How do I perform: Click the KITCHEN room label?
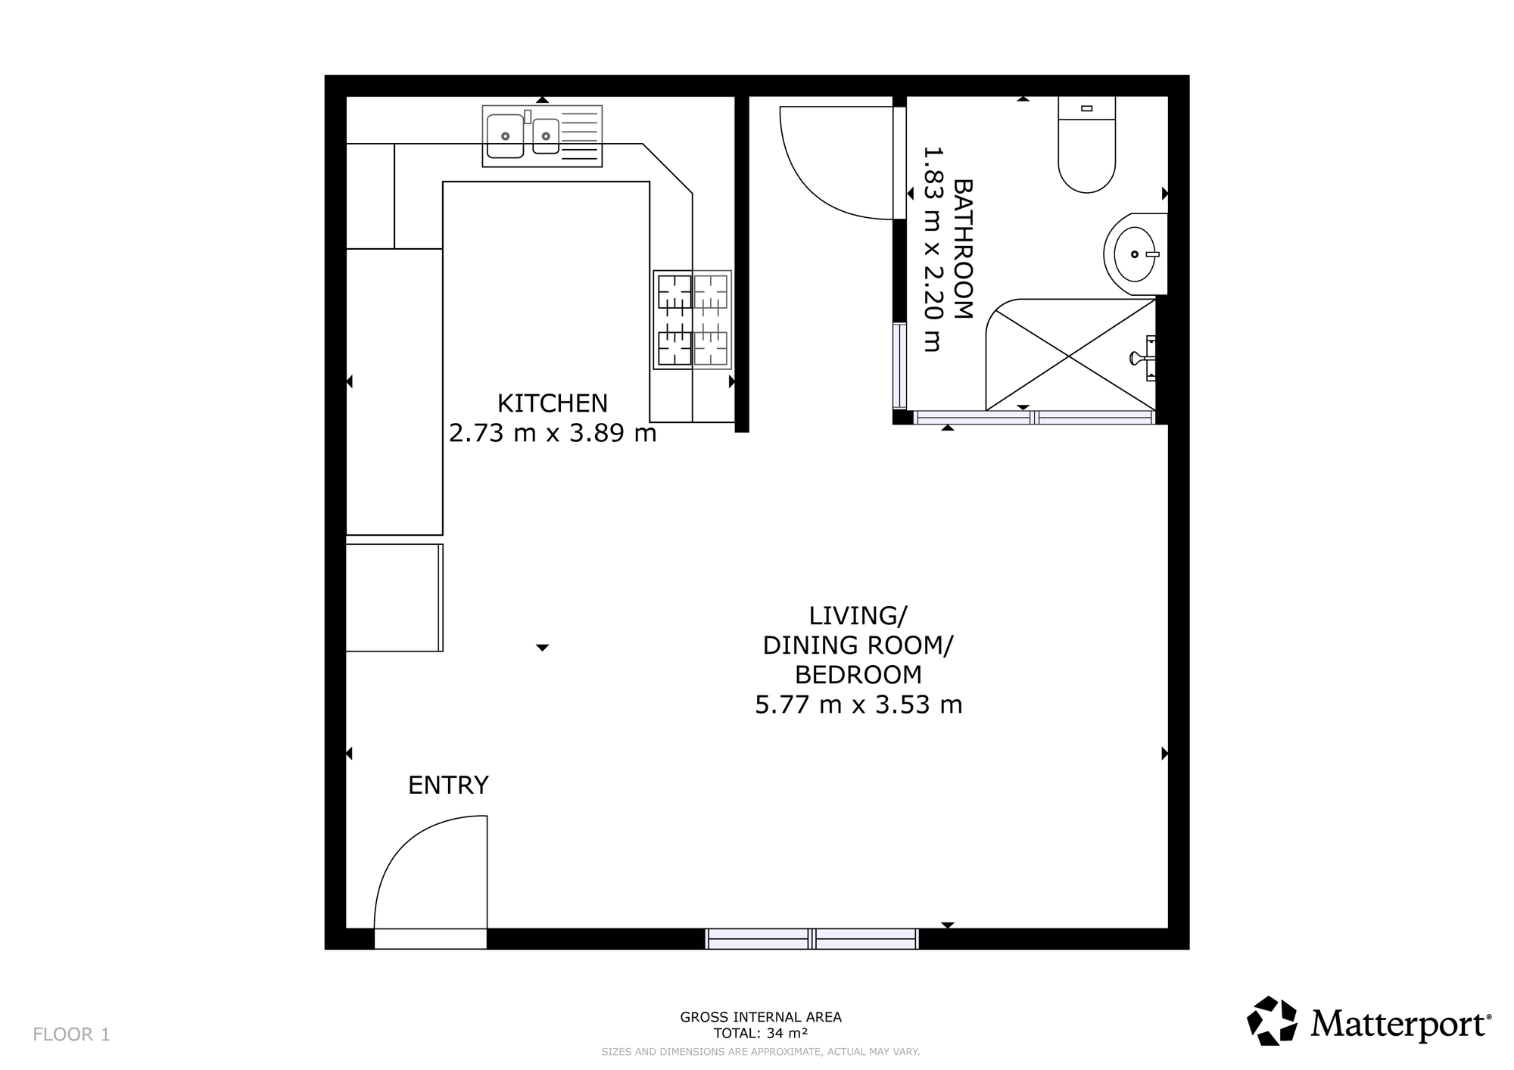point(552,403)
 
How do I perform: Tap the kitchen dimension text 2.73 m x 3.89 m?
point(552,433)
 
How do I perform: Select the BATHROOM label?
point(962,249)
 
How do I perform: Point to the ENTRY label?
point(448,785)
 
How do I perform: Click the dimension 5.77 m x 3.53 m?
point(858,705)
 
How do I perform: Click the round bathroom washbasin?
point(1135,254)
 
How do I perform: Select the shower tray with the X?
point(1069,355)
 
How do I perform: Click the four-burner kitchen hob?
point(692,319)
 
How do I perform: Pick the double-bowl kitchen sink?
point(542,136)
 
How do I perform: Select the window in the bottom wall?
point(812,939)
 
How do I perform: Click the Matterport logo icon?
point(1273,1021)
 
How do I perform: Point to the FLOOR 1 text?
point(72,1034)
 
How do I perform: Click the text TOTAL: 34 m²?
point(760,1033)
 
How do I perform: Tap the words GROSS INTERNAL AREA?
point(760,1017)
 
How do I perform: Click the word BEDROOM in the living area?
point(858,674)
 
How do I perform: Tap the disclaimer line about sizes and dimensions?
point(760,1052)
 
